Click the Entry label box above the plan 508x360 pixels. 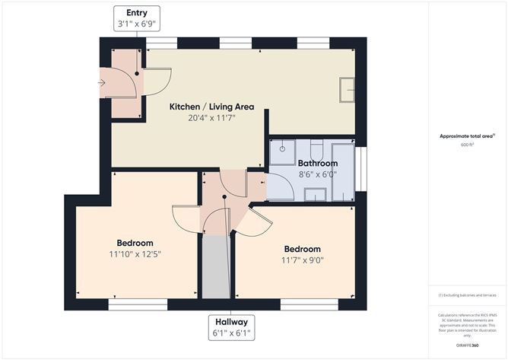[x=137, y=18]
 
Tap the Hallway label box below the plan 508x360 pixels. [x=232, y=327]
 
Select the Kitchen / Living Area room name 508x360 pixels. [x=211, y=107]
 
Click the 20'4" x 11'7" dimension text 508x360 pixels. [x=211, y=119]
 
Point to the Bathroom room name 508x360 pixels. [x=317, y=163]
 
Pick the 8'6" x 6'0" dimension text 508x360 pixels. [x=317, y=174]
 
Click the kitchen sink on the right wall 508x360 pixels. [x=348, y=88]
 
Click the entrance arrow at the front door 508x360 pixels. [x=103, y=83]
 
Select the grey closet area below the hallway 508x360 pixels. [x=216, y=266]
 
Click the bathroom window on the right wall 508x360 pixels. [x=361, y=169]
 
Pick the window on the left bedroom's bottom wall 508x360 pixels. [x=138, y=304]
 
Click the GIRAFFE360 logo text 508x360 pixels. [x=466, y=346]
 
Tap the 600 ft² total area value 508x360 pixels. [x=467, y=145]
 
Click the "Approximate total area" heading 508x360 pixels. [x=467, y=135]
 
